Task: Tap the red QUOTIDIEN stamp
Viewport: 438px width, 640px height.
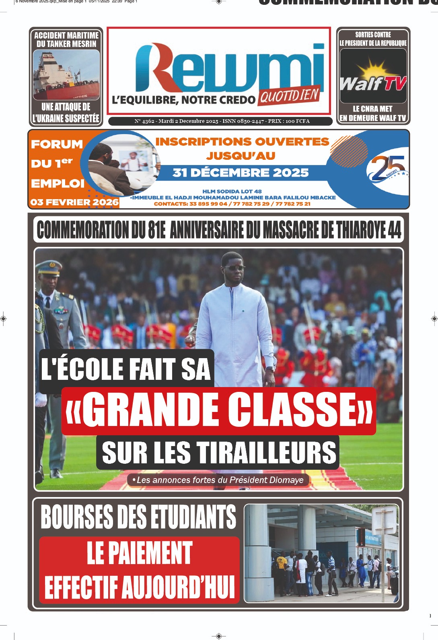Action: click(290, 96)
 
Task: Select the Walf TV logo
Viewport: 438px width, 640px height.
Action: click(373, 81)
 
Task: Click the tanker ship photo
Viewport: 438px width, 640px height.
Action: click(66, 75)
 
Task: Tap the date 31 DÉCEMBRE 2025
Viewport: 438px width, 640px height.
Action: click(241, 173)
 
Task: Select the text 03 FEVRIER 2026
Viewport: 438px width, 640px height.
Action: click(74, 202)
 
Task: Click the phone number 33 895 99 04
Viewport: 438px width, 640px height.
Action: click(208, 204)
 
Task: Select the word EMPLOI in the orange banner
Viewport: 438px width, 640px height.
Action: click(58, 183)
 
